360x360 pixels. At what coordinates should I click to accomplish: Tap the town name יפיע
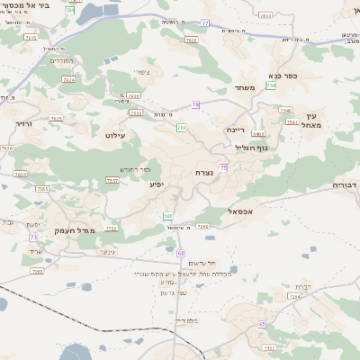[157, 184]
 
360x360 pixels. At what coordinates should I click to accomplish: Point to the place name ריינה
[236, 129]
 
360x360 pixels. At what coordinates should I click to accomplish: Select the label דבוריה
[346, 184]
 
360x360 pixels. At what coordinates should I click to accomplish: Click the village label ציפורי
[140, 73]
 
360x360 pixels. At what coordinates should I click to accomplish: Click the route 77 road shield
[205, 23]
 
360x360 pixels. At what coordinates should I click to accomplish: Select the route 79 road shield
[195, 104]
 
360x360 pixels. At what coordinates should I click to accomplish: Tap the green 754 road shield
[270, 110]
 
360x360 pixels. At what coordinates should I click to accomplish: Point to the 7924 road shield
[68, 79]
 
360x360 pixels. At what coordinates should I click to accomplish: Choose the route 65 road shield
[263, 322]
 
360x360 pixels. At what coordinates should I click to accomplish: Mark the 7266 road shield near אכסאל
[202, 226]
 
